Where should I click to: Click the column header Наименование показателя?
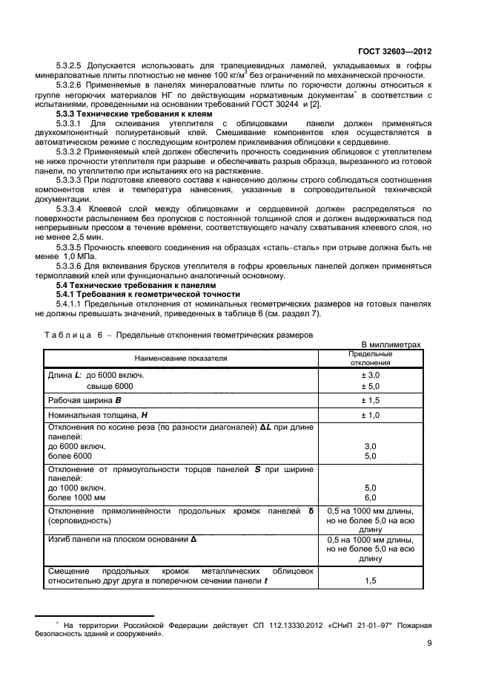coord(180,358)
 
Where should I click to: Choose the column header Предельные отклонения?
coord(370,358)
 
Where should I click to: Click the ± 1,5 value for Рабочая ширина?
coord(370,400)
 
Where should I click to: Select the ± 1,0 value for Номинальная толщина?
coord(370,415)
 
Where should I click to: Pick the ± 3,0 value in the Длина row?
coord(370,376)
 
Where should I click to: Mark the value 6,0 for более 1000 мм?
coord(370,497)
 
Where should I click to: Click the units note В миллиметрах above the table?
coord(391,344)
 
